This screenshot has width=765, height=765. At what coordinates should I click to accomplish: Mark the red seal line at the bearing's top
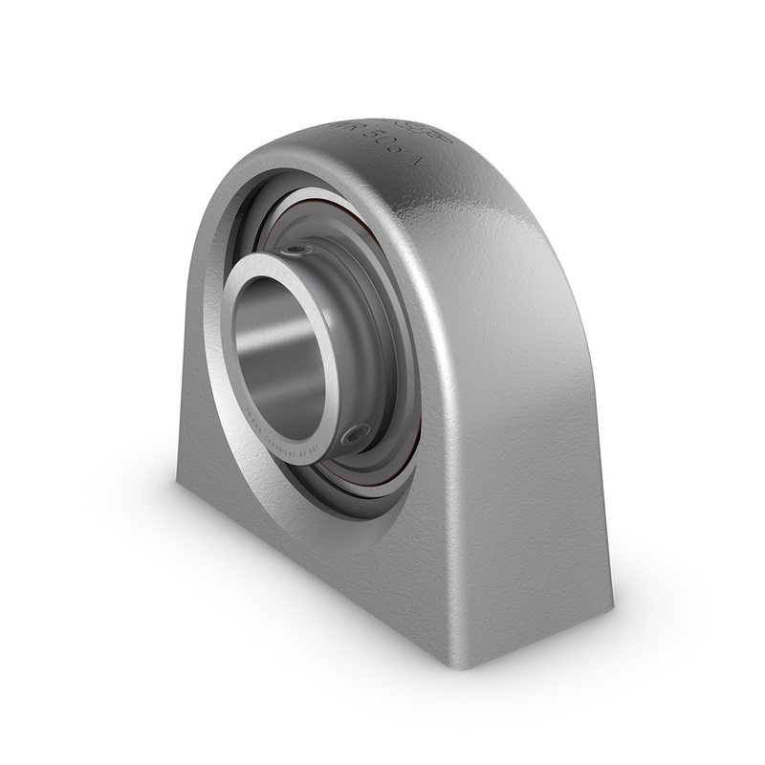click(316, 208)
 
